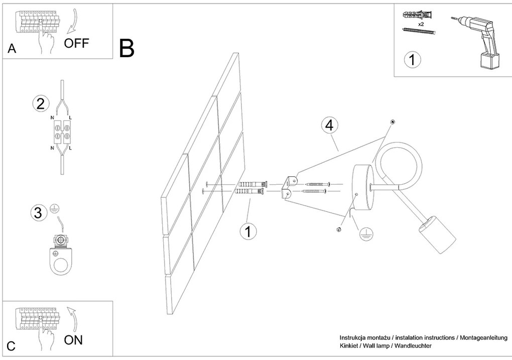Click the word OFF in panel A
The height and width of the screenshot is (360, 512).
(76, 43)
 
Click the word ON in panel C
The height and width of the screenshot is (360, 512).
(73, 340)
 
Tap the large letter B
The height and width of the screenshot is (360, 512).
(126, 48)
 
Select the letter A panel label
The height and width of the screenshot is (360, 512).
(12, 49)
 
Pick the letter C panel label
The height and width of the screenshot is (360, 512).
(12, 346)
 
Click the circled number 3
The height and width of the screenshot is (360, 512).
(38, 212)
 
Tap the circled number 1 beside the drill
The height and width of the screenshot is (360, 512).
(412, 60)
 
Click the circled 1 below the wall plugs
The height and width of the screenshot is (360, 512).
(247, 232)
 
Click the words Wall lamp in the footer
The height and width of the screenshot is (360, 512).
(379, 346)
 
